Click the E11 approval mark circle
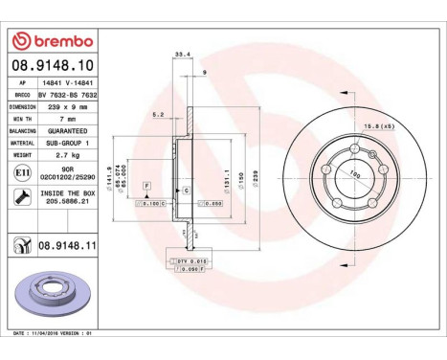[20, 173]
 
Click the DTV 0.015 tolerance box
[192, 260]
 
